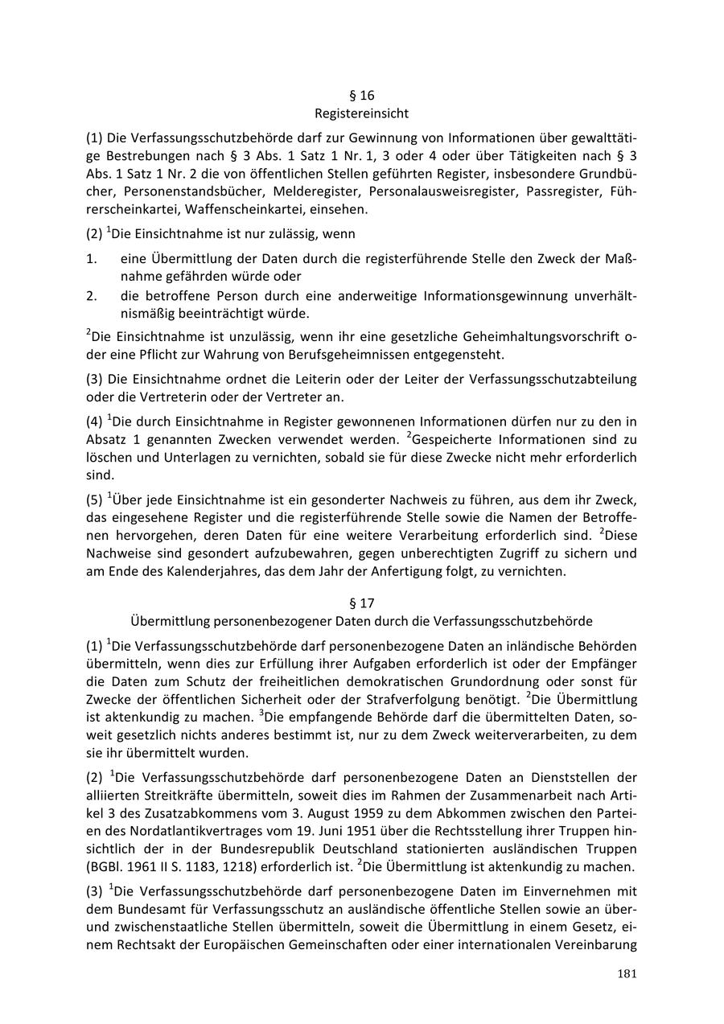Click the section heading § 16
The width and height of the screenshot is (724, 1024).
point(362,95)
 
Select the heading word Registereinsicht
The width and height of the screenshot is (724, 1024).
point(362,113)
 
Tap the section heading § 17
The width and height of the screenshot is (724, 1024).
point(362,602)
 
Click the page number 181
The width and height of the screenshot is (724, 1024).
point(627,974)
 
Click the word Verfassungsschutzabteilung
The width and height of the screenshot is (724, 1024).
point(548,378)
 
